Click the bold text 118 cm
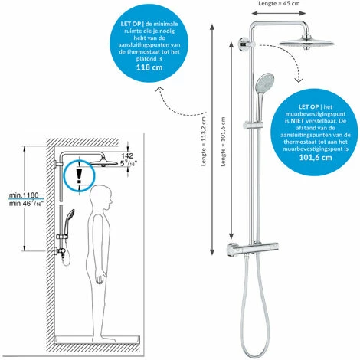[149, 67]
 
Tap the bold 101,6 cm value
[316, 157]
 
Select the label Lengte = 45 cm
[279, 3]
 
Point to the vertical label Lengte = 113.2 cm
[204, 142]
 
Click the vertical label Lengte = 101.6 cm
[224, 142]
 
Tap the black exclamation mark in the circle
[80, 175]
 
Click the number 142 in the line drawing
[127, 155]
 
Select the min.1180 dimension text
[24, 195]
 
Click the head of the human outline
[101, 196]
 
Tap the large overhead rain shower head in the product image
[306, 43]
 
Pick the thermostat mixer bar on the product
[253, 248]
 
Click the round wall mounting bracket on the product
[244, 44]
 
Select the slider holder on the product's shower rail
[252, 125]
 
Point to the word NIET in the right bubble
[298, 121]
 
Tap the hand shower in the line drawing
[68, 217]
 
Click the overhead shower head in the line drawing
[103, 162]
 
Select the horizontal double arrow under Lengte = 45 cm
[279, 14]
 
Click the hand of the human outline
[100, 278]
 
